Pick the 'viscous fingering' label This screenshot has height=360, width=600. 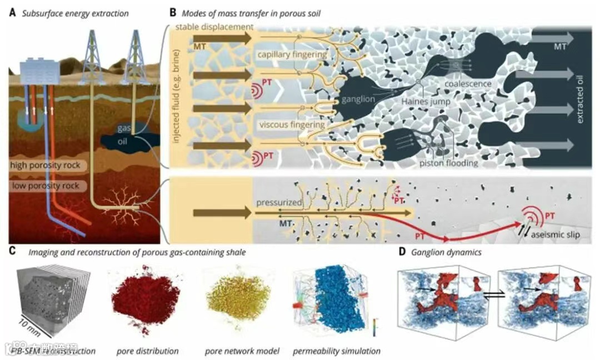(291, 125)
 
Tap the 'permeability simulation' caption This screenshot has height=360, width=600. (337, 351)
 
